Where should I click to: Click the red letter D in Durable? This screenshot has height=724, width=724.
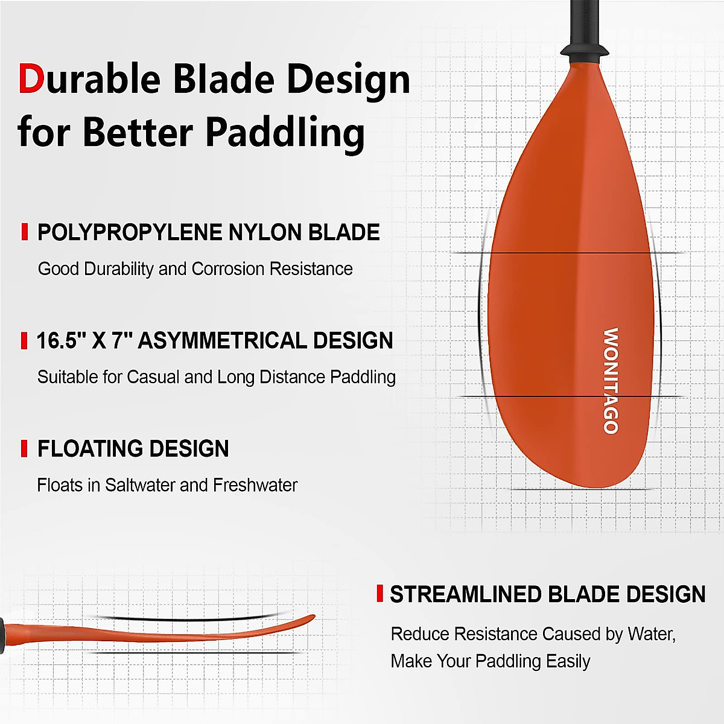[x=31, y=79]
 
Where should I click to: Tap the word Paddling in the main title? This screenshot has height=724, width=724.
[x=285, y=132]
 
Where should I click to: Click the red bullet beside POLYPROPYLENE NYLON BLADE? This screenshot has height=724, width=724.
[x=25, y=232]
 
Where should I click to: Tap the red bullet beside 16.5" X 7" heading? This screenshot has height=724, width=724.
[x=24, y=340]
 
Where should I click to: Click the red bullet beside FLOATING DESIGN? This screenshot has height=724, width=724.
[x=24, y=448]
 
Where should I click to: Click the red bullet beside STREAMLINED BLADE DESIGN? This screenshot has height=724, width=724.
[x=379, y=594]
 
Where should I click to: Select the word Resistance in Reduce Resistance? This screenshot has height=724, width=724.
[x=495, y=634]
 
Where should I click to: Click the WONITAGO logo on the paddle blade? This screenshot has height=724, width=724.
[x=611, y=381]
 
